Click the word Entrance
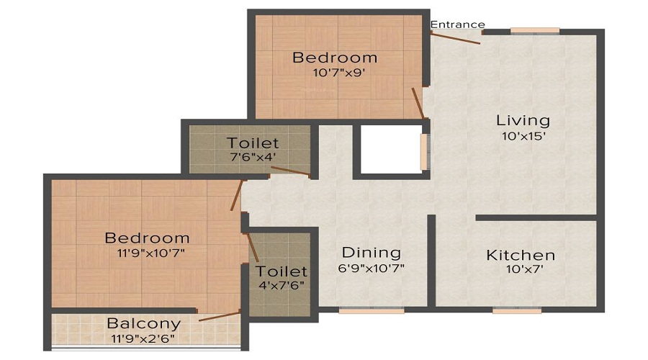457,24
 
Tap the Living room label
523,120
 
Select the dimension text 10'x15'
523,136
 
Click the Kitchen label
521,255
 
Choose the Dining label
371,253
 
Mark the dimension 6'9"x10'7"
371,269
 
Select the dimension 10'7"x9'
335,73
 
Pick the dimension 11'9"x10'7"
148,253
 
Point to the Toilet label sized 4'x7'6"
282,271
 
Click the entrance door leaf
456,38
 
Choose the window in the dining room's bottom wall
361,310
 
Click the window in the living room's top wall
534,30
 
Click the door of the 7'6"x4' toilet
289,170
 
